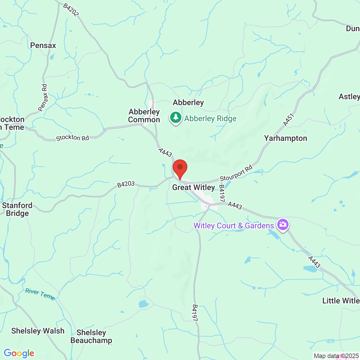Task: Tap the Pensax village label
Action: click(x=43, y=45)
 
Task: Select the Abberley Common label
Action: click(x=144, y=116)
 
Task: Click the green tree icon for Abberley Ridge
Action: click(x=176, y=117)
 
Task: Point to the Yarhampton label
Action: click(x=285, y=138)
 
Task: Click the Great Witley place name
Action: click(x=193, y=187)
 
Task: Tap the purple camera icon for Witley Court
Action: click(x=283, y=225)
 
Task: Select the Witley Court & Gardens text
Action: click(x=234, y=226)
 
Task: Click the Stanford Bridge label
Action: click(x=17, y=209)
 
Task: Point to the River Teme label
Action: click(x=40, y=294)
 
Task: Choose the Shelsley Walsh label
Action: click(x=38, y=331)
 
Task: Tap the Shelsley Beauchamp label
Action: click(x=91, y=336)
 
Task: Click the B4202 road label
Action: click(x=71, y=10)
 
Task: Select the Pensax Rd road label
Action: click(x=43, y=98)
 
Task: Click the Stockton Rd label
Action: click(x=72, y=138)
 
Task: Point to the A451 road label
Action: click(x=289, y=120)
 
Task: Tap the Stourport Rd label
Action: click(x=236, y=174)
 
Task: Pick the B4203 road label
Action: click(x=126, y=184)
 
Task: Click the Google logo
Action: click(x=19, y=353)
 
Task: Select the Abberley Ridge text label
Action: click(x=210, y=119)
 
